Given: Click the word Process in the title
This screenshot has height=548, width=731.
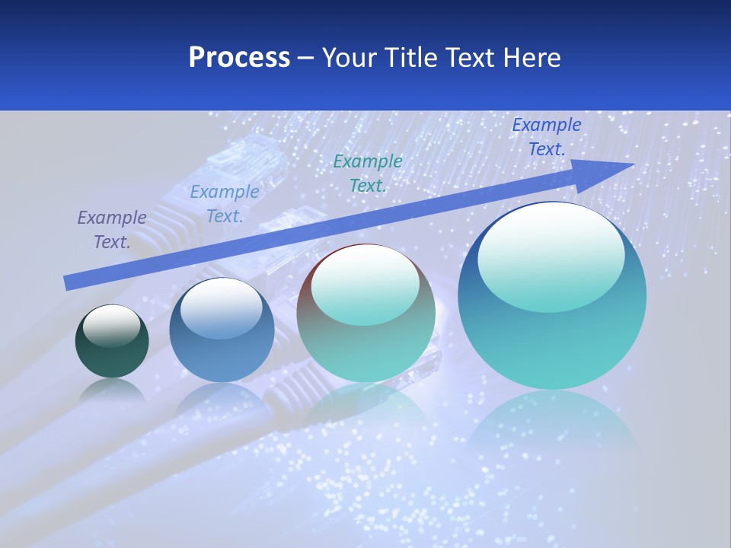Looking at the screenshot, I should tap(239, 58).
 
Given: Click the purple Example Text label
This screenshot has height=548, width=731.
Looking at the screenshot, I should tap(112, 230).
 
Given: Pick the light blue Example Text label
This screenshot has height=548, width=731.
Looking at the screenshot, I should tap(225, 204).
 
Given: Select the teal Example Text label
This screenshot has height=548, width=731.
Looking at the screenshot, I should tap(368, 173).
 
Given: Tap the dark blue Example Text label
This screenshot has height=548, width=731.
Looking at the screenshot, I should tap(546, 137).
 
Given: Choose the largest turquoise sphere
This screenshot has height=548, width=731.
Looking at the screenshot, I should tap(552, 335).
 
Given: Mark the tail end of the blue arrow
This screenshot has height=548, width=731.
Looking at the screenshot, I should tap(67, 283).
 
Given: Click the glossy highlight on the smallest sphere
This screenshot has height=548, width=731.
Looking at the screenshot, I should tap(111, 325).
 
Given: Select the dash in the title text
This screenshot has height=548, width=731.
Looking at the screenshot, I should tap(305, 58).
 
